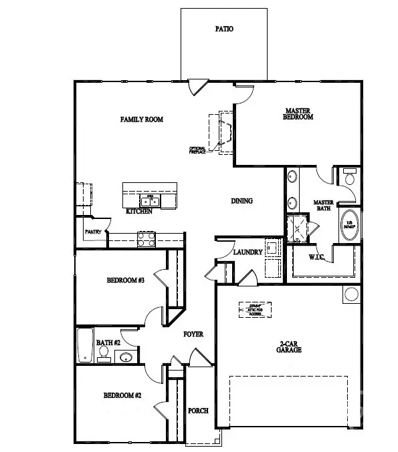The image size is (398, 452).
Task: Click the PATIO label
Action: (224, 29)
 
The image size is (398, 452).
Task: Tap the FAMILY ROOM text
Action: (142, 120)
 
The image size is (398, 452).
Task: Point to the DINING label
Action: (241, 201)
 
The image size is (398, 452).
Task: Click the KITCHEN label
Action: (139, 212)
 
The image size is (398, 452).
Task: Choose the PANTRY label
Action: (92, 232)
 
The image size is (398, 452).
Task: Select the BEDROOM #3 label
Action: (126, 280)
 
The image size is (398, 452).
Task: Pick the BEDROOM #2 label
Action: (122, 395)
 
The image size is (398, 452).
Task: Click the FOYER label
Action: (193, 334)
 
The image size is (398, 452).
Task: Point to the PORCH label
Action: (198, 411)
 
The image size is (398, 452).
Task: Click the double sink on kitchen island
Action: (149, 200)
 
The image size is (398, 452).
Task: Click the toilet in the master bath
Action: (349, 178)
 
